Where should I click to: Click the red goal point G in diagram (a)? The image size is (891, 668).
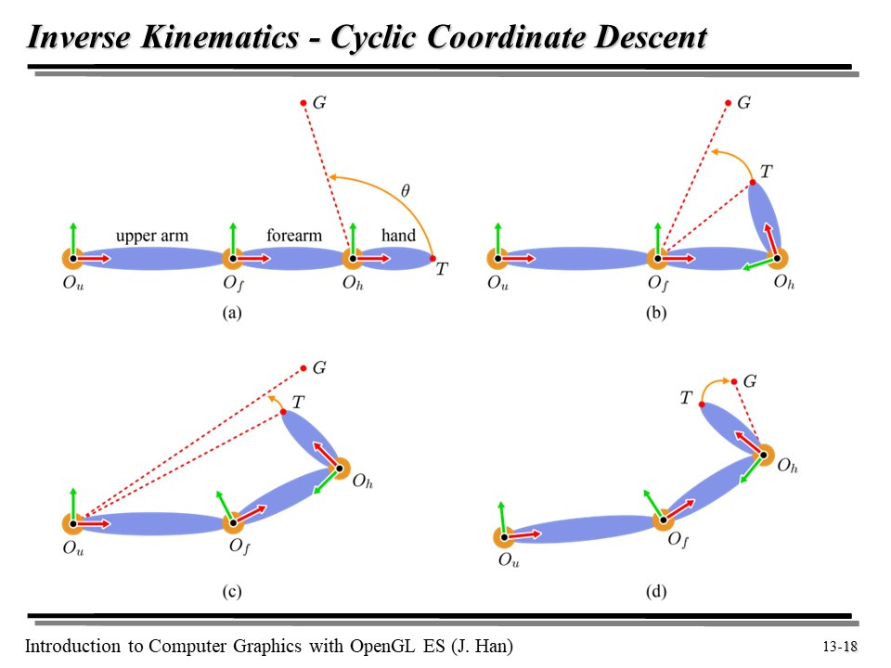(303, 103)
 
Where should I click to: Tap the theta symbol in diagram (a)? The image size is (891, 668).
(405, 191)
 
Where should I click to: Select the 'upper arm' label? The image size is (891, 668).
(152, 236)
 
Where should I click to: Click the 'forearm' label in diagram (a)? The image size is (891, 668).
(294, 236)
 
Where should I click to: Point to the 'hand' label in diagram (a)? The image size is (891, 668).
(398, 236)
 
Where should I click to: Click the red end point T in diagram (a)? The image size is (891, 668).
(433, 258)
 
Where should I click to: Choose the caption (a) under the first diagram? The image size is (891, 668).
(232, 313)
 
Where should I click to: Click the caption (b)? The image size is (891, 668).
(656, 313)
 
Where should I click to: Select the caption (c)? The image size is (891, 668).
(232, 591)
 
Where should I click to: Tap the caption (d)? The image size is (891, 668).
(656, 591)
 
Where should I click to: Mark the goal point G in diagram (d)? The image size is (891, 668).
(733, 381)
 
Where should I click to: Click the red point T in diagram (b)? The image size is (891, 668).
(753, 182)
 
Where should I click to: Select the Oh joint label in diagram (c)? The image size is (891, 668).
(363, 483)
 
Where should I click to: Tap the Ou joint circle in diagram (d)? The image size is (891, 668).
(504, 535)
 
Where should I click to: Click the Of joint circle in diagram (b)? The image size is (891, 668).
(658, 258)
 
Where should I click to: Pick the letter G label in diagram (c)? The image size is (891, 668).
(319, 368)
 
